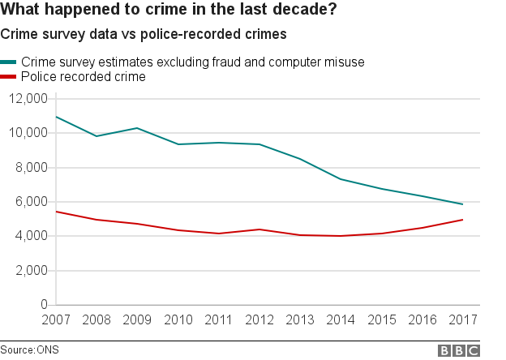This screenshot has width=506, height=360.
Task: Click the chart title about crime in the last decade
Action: [169, 11]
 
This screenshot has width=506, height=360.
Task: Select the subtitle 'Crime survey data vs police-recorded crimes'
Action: [144, 35]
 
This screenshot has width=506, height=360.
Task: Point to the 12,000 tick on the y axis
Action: [28, 99]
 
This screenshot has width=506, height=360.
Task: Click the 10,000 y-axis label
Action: [28, 133]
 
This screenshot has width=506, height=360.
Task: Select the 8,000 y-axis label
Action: [32, 168]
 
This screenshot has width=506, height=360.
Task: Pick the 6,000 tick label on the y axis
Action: [32, 202]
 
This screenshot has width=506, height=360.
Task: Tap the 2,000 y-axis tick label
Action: [32, 271]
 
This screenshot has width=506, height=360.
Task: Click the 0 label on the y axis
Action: [44, 305]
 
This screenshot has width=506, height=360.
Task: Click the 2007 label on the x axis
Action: [55, 320]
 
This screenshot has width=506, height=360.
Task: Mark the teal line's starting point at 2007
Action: [55, 117]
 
